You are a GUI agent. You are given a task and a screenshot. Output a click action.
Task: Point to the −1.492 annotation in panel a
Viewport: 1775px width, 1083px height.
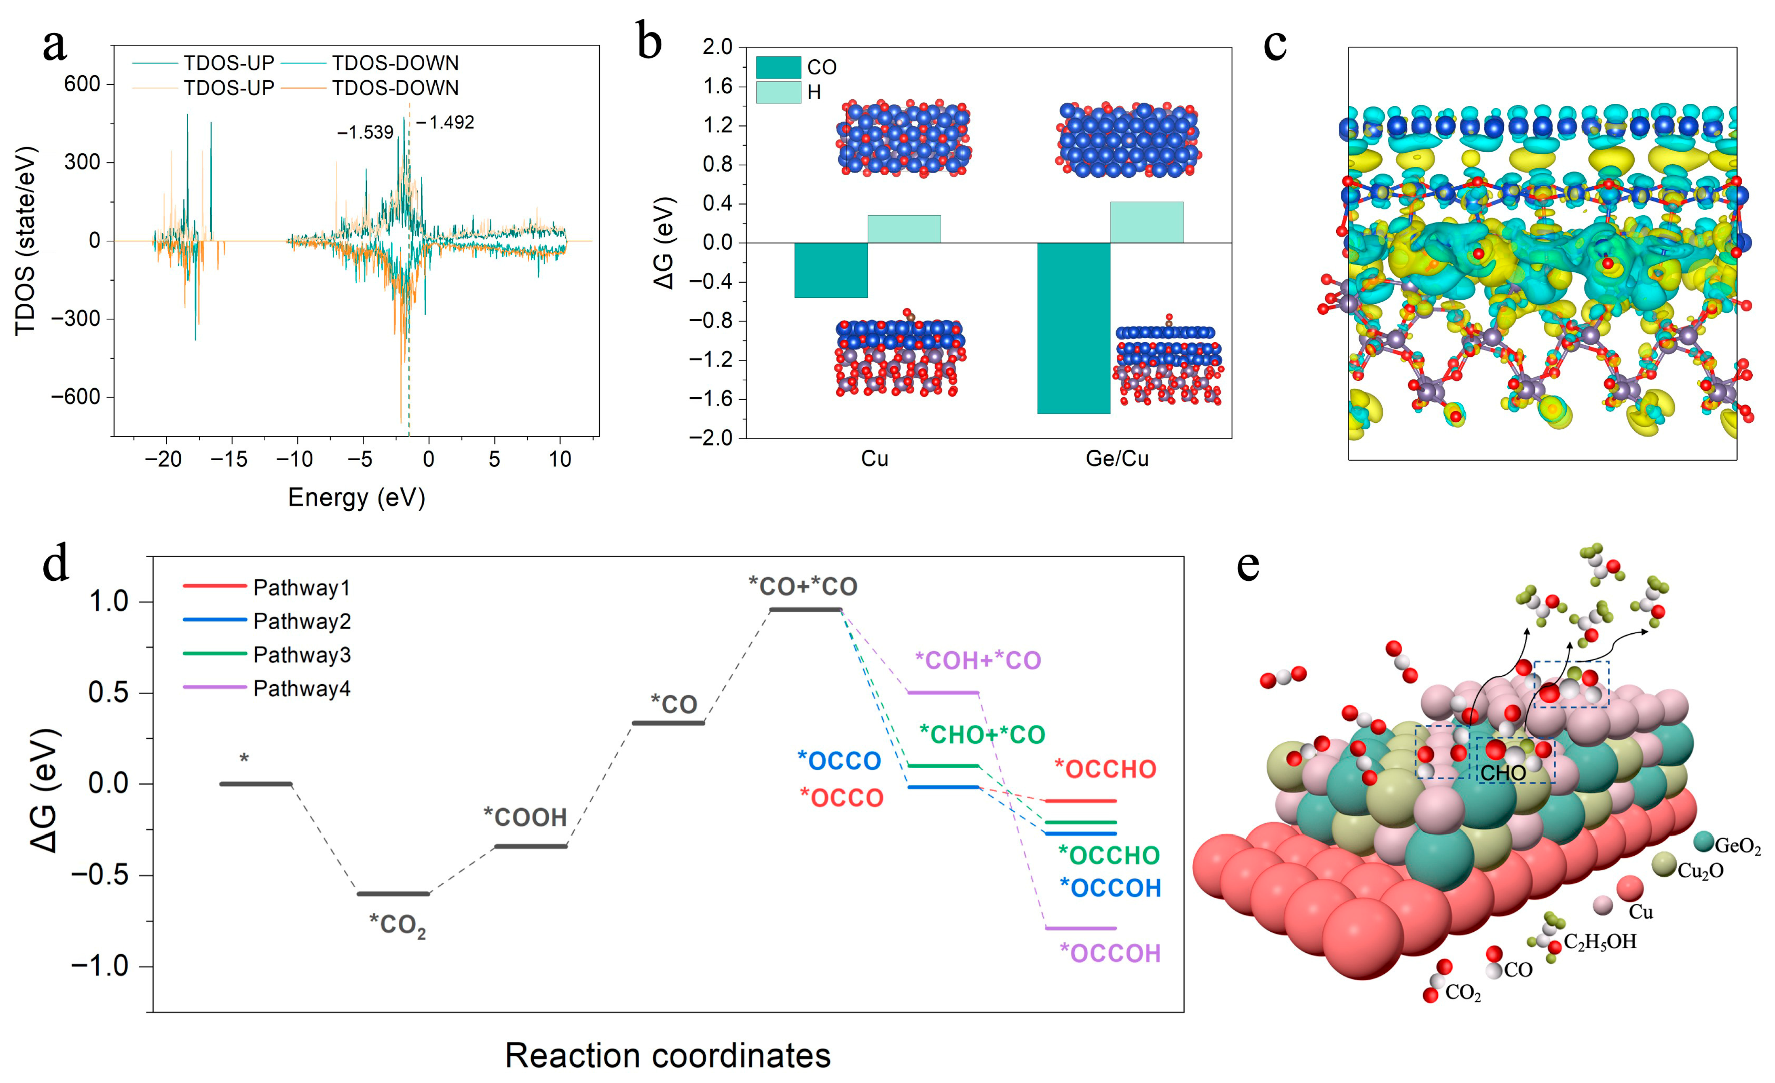[x=445, y=122]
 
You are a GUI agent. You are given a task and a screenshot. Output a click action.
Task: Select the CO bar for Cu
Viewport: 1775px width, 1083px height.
[x=831, y=270]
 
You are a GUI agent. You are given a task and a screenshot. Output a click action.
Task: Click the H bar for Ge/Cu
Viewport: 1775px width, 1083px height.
[x=1146, y=222]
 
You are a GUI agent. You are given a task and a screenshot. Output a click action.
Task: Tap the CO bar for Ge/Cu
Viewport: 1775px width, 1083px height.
[x=1073, y=328]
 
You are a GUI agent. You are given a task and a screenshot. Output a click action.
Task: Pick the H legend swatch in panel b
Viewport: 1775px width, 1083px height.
[x=778, y=92]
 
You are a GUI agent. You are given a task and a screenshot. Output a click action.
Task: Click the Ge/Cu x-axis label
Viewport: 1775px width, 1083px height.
[x=1117, y=458]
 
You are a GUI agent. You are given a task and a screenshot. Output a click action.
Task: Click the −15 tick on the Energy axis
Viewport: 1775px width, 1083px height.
[x=229, y=459]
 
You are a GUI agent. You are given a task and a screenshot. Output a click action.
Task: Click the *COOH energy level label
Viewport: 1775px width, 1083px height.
[x=525, y=817]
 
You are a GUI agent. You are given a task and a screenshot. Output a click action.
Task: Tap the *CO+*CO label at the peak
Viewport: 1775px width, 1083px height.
[x=803, y=586]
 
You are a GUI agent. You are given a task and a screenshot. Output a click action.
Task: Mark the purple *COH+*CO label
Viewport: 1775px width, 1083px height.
[x=978, y=660]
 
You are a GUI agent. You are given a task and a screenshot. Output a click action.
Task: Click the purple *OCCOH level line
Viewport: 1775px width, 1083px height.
[x=1081, y=928]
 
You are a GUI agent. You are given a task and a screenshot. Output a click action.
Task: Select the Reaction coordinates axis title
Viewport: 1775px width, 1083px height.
[x=668, y=1056]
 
